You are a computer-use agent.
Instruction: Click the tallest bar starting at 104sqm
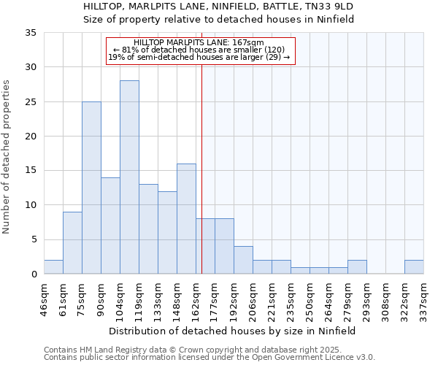(129, 177)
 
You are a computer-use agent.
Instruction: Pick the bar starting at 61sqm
(72, 243)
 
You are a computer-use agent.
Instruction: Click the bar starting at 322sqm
(414, 267)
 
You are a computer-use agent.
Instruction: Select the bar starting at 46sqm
(53, 267)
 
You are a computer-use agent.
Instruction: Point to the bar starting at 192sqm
(243, 261)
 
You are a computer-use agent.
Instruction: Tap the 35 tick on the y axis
(31, 33)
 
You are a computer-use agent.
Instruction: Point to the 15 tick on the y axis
(31, 171)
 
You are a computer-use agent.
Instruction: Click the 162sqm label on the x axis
(196, 296)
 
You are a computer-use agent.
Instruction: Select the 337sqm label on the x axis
(423, 296)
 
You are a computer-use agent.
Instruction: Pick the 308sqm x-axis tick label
(385, 296)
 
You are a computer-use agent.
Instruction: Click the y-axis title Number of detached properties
(7, 157)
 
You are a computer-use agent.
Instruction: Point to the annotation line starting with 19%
(199, 57)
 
